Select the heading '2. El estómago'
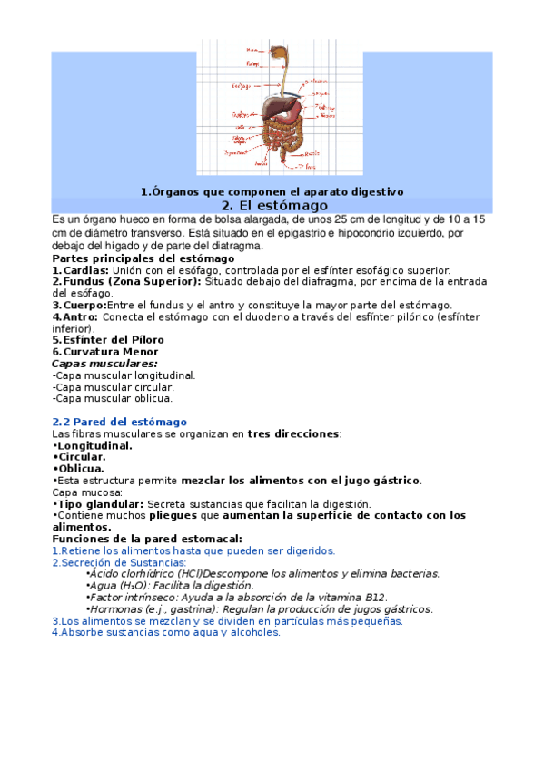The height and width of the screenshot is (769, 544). click(x=273, y=206)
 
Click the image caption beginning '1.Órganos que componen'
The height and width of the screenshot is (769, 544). click(x=272, y=191)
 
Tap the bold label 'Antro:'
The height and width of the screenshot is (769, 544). click(x=75, y=317)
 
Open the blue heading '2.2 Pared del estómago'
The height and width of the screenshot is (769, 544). click(x=120, y=422)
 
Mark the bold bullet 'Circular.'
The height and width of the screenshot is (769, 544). click(x=80, y=457)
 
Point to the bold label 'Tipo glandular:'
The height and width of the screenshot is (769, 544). click(x=97, y=503)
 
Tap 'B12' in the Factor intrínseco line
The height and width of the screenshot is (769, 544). click(x=376, y=597)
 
